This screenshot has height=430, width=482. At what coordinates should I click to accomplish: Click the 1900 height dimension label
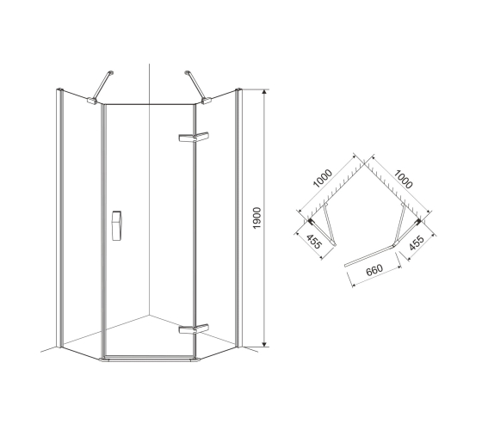(x=256, y=218)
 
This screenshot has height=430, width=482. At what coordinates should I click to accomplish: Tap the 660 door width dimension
(x=374, y=270)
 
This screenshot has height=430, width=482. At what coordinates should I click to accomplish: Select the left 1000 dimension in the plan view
(x=323, y=178)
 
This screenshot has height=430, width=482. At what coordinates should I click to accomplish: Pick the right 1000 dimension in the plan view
(x=403, y=180)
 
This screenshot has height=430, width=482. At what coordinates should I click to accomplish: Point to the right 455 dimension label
(x=417, y=243)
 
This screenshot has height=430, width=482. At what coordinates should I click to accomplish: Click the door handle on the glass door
(x=116, y=225)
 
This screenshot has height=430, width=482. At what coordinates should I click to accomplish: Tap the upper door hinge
(x=194, y=137)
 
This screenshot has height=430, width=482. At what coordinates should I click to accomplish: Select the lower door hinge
(x=194, y=329)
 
